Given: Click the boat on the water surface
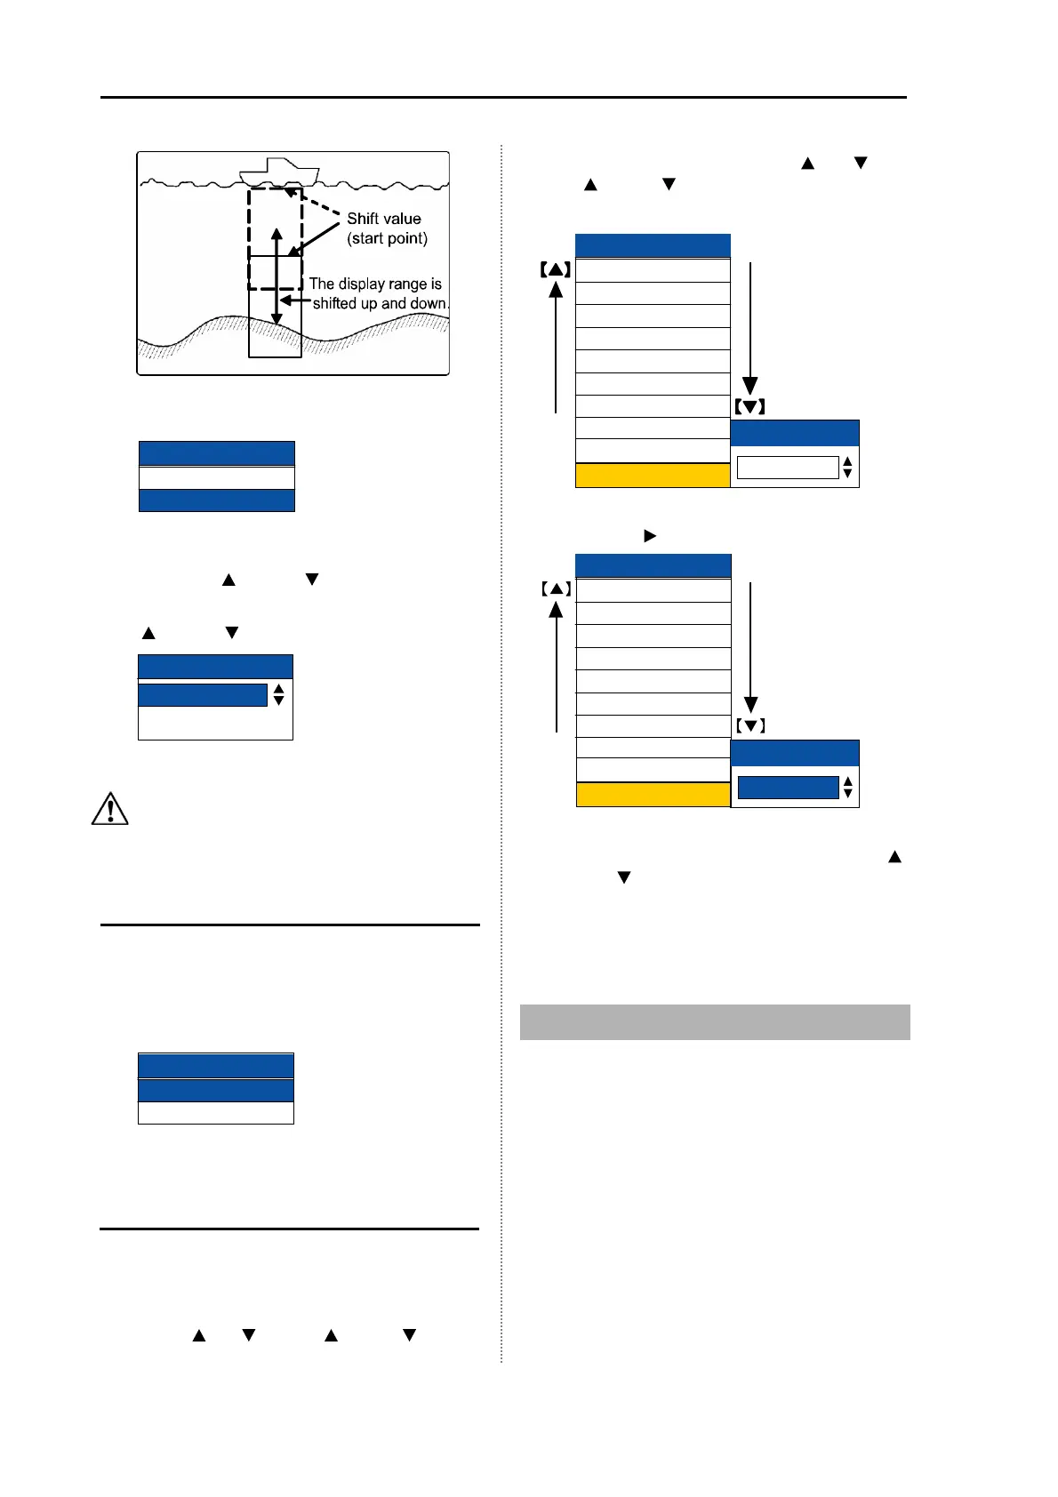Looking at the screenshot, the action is pyautogui.click(x=279, y=172).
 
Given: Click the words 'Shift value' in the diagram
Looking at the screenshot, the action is pyautogui.click(x=384, y=219).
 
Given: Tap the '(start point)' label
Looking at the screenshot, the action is pyautogui.click(x=388, y=238).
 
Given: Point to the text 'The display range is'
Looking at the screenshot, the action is pyautogui.click(x=375, y=284).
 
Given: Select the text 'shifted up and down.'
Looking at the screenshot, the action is pyautogui.click(x=381, y=303).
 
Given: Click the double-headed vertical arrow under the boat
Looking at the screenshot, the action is pyautogui.click(x=277, y=276).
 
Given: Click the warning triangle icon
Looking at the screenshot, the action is pyautogui.click(x=110, y=809).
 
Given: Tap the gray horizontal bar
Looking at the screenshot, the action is pyautogui.click(x=715, y=1022).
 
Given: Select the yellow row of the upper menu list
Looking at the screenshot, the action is pyautogui.click(x=653, y=476).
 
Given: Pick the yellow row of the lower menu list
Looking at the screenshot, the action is pyautogui.click(x=653, y=795).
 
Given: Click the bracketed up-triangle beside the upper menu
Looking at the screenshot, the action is pyautogui.click(x=556, y=268).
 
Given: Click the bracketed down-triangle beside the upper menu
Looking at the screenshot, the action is pyautogui.click(x=750, y=407).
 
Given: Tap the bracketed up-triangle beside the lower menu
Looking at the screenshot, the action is pyautogui.click(x=556, y=588).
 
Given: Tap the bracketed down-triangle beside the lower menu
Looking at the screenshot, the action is pyautogui.click(x=750, y=726).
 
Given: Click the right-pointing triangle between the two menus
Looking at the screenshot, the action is pyautogui.click(x=650, y=536).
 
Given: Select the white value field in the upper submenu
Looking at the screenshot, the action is pyautogui.click(x=788, y=468).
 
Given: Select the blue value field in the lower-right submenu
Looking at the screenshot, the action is pyautogui.click(x=788, y=788).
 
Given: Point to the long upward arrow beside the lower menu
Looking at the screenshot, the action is pyautogui.click(x=557, y=667).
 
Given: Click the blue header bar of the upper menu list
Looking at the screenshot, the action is pyautogui.click(x=653, y=245).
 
